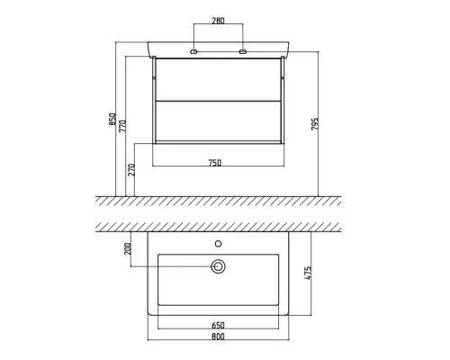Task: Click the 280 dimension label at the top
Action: (x=218, y=21)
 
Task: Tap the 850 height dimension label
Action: (x=112, y=119)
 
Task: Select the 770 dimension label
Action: (x=122, y=126)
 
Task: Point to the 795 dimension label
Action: (x=315, y=124)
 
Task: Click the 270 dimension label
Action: (x=131, y=170)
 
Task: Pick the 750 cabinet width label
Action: (x=215, y=163)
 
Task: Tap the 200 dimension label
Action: (x=128, y=249)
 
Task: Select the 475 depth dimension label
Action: (x=308, y=273)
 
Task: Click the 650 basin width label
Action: (x=218, y=325)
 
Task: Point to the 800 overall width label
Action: (x=218, y=337)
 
